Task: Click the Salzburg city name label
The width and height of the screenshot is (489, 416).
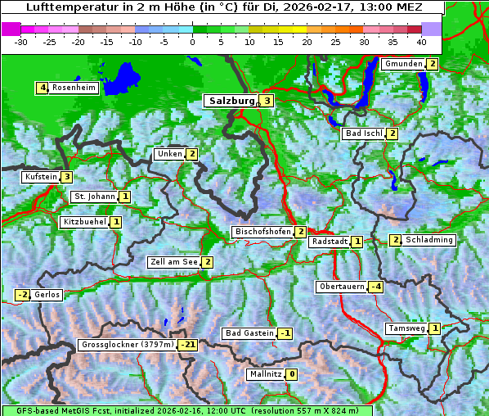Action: tap(232, 101)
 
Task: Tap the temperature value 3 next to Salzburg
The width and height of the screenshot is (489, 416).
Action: tap(267, 101)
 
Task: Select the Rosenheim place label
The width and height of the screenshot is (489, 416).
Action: tap(74, 88)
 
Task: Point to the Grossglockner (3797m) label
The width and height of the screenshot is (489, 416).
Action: tap(128, 345)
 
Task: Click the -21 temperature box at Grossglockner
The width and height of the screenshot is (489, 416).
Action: tap(188, 345)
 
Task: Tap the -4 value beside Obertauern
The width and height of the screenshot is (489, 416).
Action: tap(375, 287)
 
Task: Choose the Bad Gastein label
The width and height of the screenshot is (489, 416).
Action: tap(249, 333)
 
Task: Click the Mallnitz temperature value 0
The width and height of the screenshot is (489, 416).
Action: tap(292, 374)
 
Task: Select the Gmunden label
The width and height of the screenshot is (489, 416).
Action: tap(403, 64)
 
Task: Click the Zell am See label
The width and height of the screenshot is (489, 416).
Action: tap(173, 262)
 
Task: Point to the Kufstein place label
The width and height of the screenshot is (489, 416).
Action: tap(41, 177)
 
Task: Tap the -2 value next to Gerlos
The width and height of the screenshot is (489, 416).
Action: tap(22, 295)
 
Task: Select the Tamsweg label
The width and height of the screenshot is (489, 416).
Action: tap(406, 328)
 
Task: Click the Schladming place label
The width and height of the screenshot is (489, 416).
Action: tap(428, 240)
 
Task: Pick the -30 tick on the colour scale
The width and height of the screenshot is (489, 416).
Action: tap(22, 41)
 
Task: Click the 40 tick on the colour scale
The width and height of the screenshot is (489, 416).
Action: tap(421, 41)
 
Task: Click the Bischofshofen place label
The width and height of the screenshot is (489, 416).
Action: tap(262, 232)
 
